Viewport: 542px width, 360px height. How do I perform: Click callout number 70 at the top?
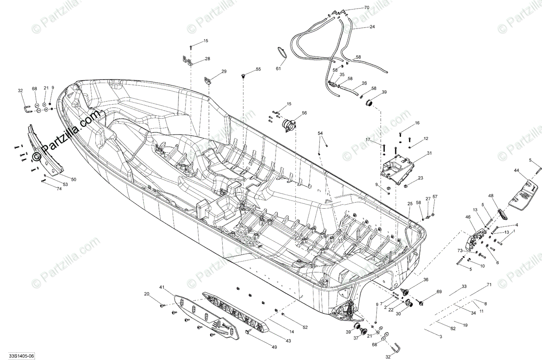click(x=366, y=8)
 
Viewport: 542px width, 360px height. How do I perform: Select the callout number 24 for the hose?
click(x=372, y=27)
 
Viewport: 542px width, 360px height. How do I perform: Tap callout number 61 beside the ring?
click(x=278, y=69)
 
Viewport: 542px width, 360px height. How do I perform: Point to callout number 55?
click(x=258, y=69)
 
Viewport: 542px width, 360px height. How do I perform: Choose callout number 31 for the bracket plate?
click(x=429, y=153)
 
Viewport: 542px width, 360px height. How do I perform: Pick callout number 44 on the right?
click(x=517, y=170)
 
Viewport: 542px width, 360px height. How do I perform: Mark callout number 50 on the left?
click(x=74, y=179)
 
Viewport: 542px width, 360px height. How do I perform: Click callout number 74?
click(x=59, y=188)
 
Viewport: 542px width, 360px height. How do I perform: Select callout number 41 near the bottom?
click(x=162, y=287)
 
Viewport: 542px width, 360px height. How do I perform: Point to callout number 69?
click(x=439, y=293)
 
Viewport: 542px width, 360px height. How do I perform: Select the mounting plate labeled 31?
click(x=398, y=170)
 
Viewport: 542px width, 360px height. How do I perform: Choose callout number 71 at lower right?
click(x=489, y=285)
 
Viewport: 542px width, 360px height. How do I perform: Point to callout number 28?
click(x=207, y=59)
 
